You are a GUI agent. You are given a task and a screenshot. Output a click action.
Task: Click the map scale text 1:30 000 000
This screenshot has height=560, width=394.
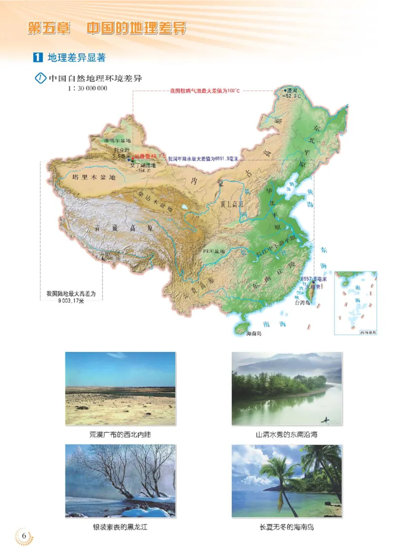[x=88, y=89]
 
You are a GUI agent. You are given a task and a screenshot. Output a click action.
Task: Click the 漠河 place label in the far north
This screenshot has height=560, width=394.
[x=292, y=91]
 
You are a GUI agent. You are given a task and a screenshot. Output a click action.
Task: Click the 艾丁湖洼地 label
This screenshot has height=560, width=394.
[x=142, y=166]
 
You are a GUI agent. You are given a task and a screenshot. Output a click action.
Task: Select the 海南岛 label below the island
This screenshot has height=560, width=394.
[x=253, y=333]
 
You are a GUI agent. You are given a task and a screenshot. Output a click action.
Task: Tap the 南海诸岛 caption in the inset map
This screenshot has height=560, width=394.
[x=367, y=333]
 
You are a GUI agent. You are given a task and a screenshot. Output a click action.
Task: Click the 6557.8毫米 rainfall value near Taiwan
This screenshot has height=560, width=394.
[x=311, y=279]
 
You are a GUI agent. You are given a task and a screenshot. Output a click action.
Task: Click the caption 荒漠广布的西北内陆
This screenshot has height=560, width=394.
[x=120, y=435]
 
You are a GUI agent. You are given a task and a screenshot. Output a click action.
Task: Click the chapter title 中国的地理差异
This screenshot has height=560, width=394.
[x=136, y=28]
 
